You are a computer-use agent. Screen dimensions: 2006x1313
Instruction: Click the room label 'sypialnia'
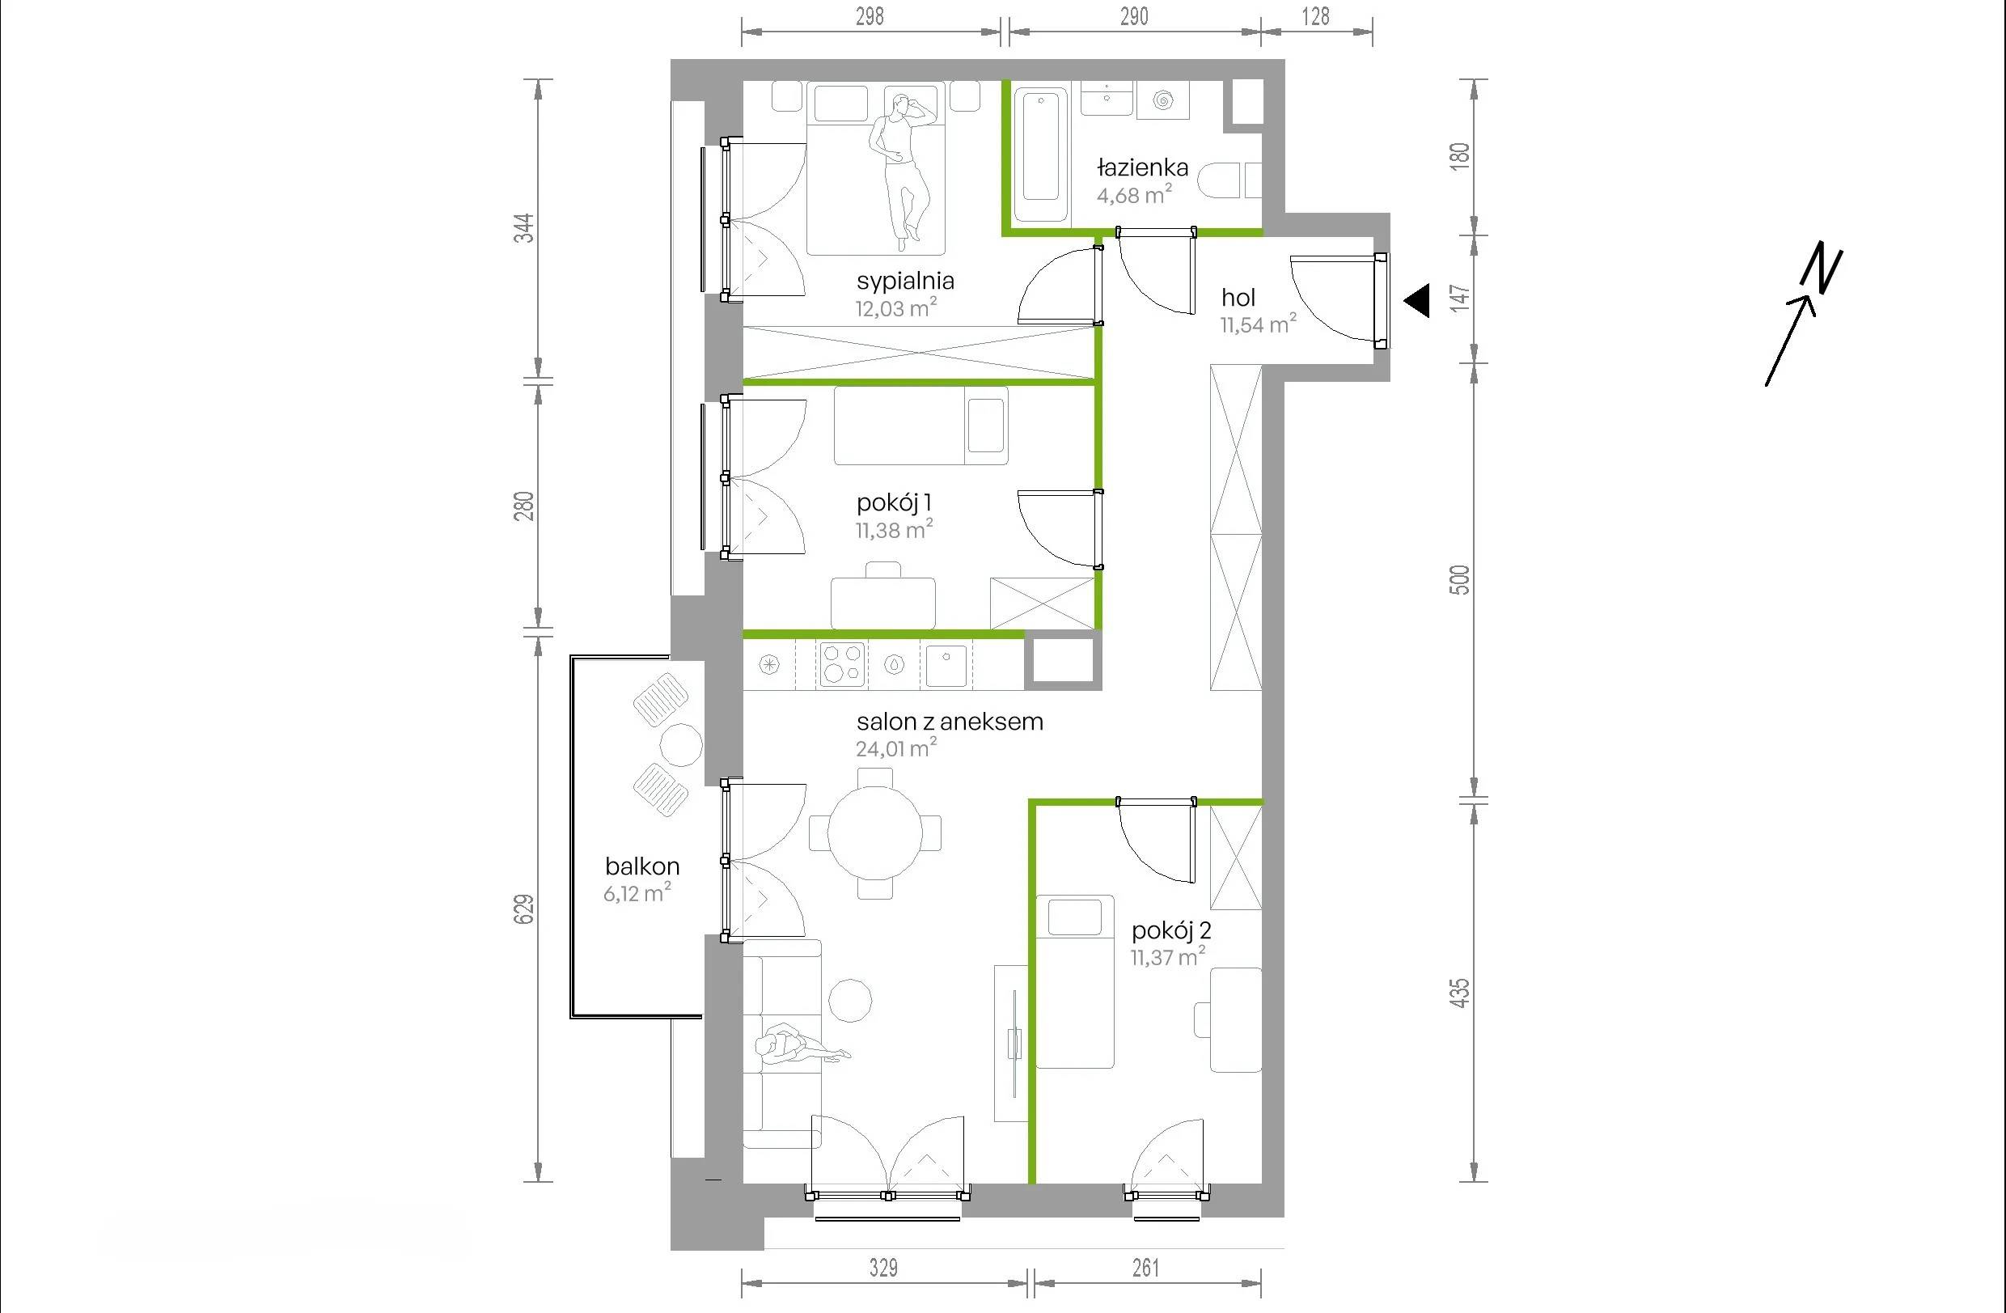[x=905, y=282]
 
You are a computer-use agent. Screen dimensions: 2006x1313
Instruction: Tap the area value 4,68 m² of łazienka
[x=1135, y=195]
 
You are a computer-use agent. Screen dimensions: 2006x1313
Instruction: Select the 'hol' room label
[x=1238, y=298]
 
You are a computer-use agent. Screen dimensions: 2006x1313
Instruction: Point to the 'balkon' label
[x=642, y=866]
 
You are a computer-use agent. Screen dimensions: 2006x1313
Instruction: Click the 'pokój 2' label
[x=1171, y=931]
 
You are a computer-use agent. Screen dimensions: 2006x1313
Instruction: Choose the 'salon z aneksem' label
[x=950, y=722]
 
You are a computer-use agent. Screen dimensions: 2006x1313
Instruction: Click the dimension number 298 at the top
[x=870, y=16]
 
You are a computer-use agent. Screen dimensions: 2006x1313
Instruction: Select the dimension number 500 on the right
[x=1460, y=580]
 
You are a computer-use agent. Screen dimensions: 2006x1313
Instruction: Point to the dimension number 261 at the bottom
[x=1146, y=1268]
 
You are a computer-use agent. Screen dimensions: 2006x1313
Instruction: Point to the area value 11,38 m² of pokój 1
[x=895, y=530]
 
